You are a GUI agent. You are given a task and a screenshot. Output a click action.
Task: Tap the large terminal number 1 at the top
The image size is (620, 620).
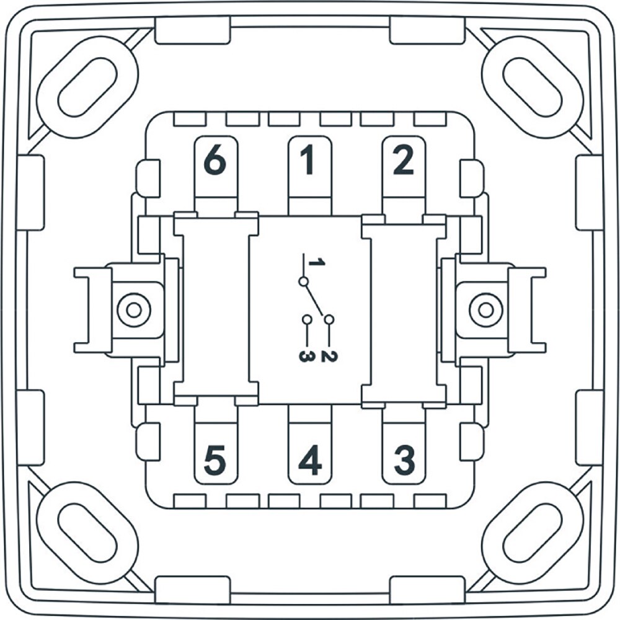point(308,160)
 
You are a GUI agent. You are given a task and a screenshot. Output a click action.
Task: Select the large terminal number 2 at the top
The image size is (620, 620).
point(403,160)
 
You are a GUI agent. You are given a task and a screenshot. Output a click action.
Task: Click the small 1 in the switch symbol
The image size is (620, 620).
point(317,262)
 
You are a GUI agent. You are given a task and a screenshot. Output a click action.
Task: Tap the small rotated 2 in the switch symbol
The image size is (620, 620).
point(329,356)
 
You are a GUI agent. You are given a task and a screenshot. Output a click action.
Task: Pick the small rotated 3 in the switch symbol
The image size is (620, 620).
point(307,356)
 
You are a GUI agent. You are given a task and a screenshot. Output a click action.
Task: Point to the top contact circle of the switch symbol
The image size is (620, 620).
point(303,281)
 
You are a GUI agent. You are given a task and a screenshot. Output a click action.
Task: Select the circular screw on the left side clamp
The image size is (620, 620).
point(134,310)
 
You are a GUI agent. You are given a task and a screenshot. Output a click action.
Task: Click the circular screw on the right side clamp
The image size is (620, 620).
point(486,310)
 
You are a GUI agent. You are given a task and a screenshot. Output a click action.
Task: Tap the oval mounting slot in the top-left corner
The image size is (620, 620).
point(87,87)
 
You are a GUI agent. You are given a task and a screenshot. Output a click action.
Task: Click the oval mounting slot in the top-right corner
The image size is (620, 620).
point(533,87)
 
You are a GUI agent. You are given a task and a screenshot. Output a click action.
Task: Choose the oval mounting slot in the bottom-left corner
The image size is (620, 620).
point(87,533)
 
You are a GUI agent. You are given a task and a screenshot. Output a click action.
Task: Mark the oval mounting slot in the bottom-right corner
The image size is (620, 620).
point(533,533)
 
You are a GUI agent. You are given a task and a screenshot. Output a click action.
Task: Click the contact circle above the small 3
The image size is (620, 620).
point(307,319)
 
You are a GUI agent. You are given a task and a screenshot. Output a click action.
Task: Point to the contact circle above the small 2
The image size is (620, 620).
point(329,319)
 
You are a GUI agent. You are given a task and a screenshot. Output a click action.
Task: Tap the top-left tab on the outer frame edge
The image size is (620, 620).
point(193,30)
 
